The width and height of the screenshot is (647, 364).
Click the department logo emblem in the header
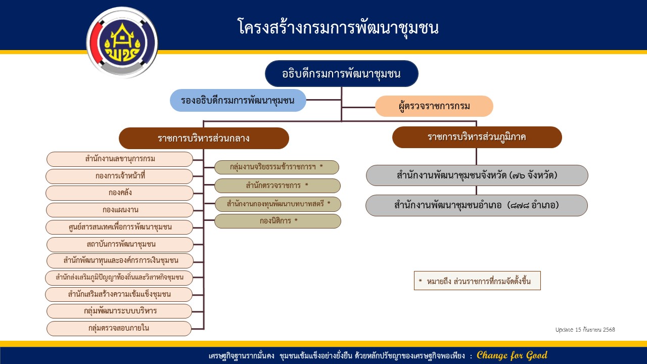pyautogui.click(x=122, y=42)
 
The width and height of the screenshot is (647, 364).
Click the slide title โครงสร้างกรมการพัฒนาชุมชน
pyautogui.click(x=338, y=27)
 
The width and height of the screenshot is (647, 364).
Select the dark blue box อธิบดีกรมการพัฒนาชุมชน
pyautogui.click(x=342, y=74)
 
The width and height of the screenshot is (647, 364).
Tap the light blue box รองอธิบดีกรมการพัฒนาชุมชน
pyautogui.click(x=238, y=100)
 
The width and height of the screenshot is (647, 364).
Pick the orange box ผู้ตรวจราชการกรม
pyautogui.click(x=434, y=106)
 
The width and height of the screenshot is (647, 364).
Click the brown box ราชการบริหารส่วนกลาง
pyautogui.click(x=204, y=138)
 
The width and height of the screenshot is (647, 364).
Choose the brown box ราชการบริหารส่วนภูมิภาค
pyautogui.click(x=477, y=137)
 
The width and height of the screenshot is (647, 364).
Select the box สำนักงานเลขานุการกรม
pyautogui.click(x=120, y=159)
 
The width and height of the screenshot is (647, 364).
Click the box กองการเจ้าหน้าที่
pyautogui.click(x=119, y=176)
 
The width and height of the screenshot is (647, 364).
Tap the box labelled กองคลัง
pyautogui.click(x=120, y=193)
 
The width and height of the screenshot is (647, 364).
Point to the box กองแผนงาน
pyautogui.click(x=120, y=210)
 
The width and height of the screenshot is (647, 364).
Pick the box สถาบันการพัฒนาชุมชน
pyautogui.click(x=120, y=244)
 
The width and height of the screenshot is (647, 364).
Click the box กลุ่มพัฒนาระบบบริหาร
pyautogui.click(x=120, y=311)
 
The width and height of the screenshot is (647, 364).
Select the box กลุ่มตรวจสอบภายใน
pyautogui.click(x=119, y=328)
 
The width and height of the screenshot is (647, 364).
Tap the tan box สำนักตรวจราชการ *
pyautogui.click(x=277, y=186)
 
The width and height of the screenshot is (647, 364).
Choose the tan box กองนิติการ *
pyautogui.click(x=278, y=221)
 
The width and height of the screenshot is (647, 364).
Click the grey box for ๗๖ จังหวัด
pyautogui.click(x=477, y=175)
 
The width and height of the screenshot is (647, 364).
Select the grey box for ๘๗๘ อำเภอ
pyautogui.click(x=476, y=205)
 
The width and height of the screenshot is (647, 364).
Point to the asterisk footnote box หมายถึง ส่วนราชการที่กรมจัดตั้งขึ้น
pyautogui.click(x=477, y=281)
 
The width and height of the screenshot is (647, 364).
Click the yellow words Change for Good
pyautogui.click(x=512, y=355)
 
